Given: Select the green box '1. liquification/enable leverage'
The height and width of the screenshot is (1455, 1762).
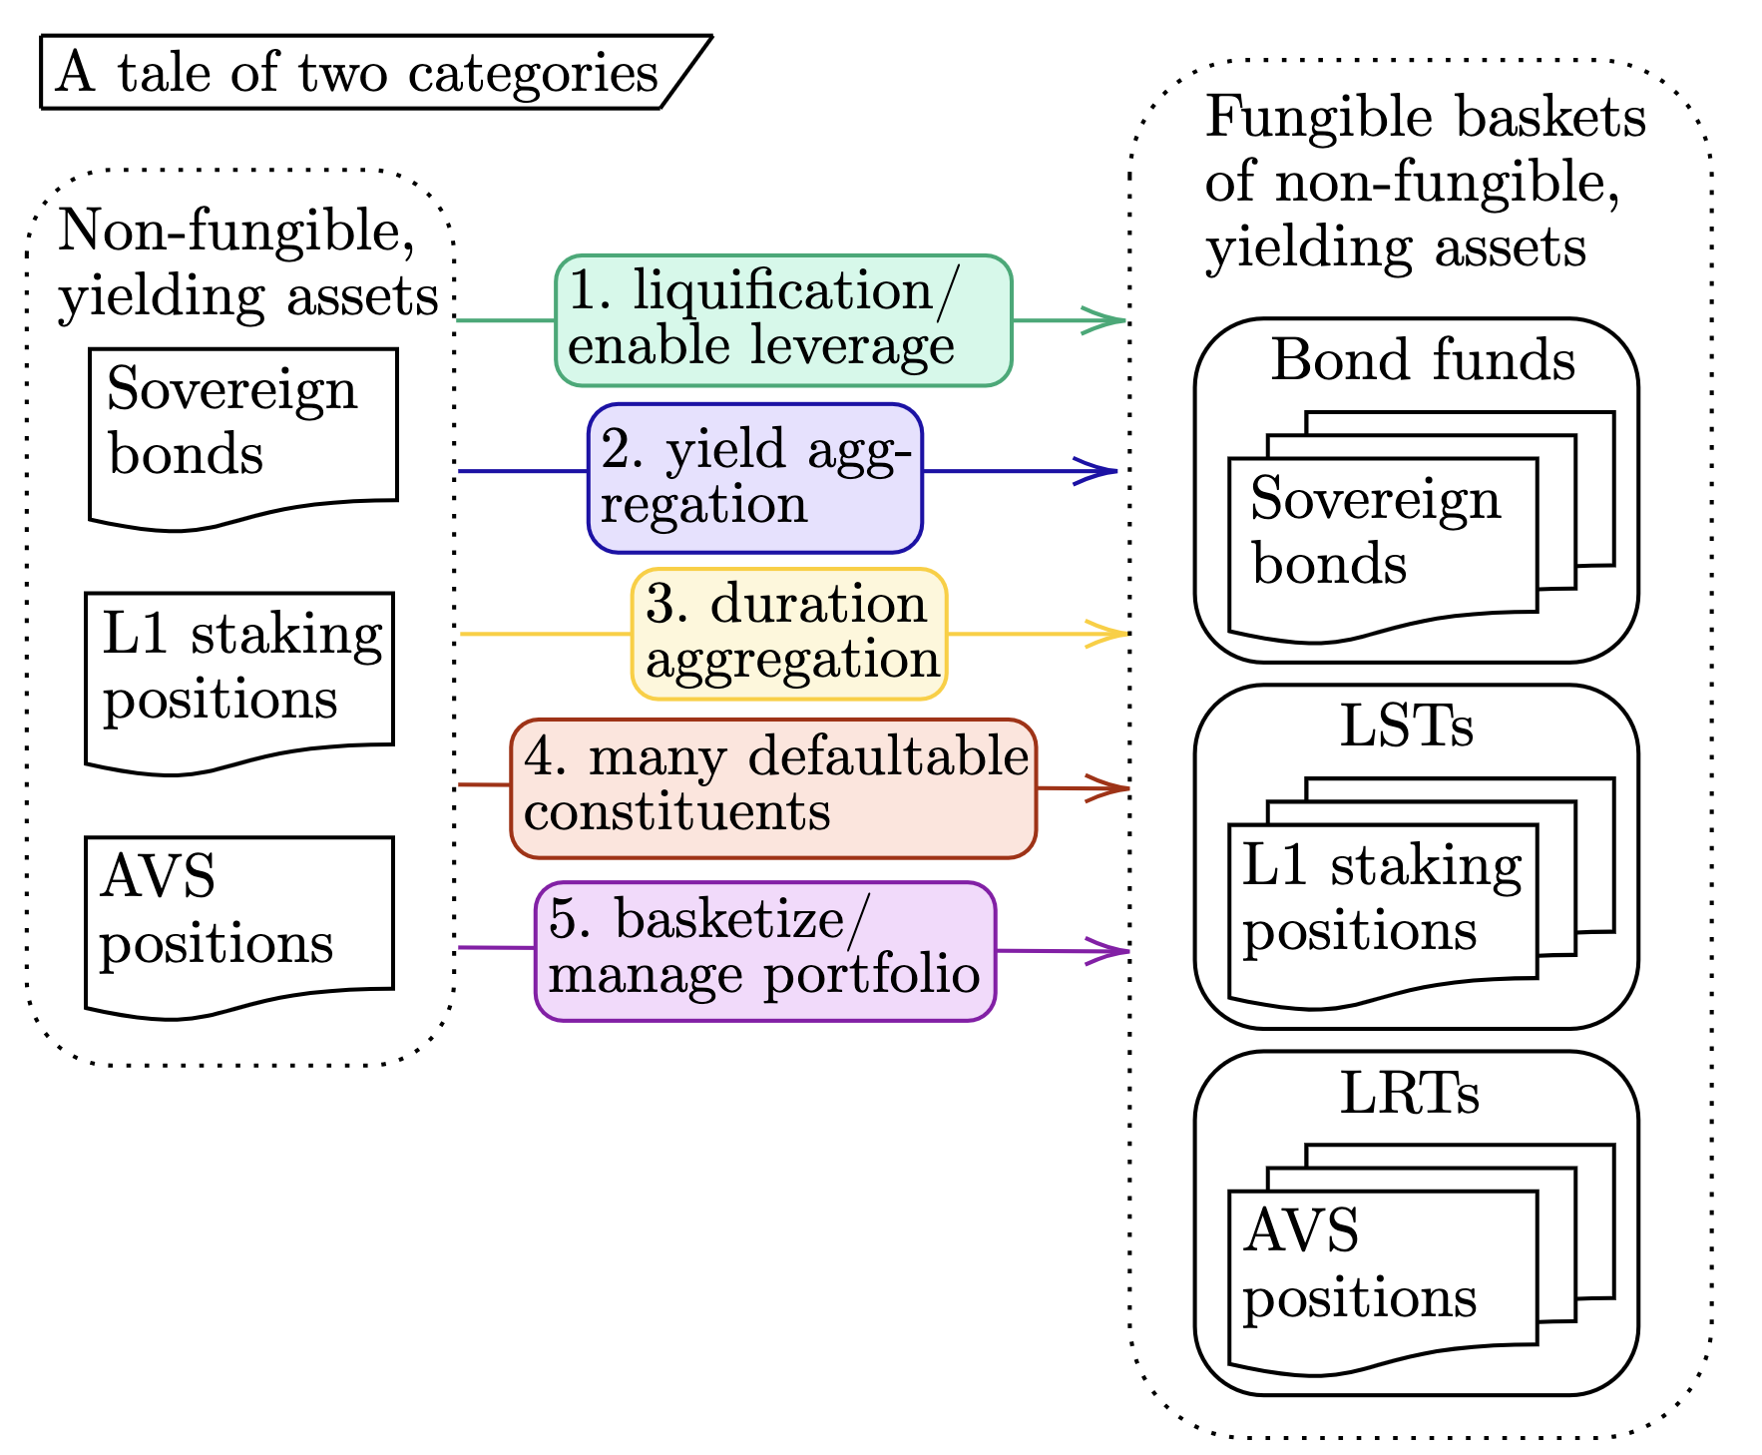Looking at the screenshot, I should point(783,320).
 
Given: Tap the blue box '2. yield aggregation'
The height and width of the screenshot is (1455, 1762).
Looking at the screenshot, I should point(755,478).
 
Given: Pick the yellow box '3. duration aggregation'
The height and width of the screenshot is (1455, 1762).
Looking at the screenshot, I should point(789,634).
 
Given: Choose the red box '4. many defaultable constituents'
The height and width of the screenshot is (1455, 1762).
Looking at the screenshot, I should point(773,787).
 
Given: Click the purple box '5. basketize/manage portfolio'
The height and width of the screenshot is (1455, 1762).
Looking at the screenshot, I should point(765,950).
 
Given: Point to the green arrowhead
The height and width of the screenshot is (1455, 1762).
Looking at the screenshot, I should point(1105,320).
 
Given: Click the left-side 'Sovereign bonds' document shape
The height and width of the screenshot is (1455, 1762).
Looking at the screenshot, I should point(243,435).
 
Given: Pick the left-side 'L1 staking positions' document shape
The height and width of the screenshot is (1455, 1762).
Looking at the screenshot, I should point(239,680).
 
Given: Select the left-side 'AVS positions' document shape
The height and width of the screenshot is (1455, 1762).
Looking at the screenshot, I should point(239,924).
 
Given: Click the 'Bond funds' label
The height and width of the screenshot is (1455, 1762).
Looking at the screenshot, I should point(1423,359).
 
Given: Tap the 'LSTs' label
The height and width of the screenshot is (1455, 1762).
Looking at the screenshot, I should point(1406,726).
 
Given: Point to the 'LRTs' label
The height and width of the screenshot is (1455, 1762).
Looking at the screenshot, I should point(1409,1093).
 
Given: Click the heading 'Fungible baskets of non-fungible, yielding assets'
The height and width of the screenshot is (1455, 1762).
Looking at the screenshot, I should point(1425,183).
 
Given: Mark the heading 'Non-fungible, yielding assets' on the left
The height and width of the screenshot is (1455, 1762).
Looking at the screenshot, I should point(247,263).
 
